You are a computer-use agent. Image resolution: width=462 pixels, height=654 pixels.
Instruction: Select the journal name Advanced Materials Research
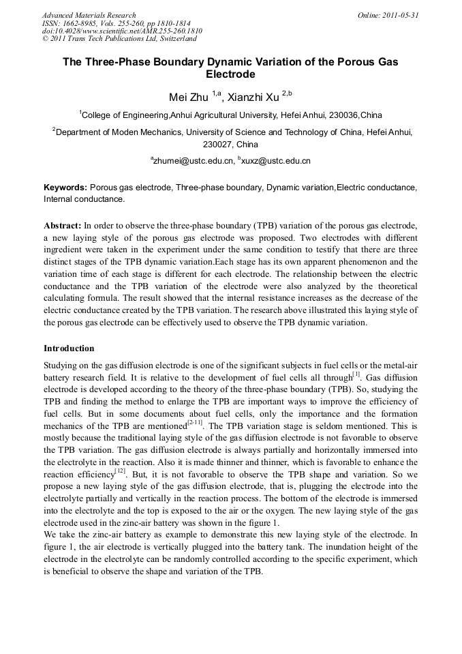click(x=89, y=14)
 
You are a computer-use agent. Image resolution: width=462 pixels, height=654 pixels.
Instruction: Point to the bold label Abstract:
click(x=62, y=224)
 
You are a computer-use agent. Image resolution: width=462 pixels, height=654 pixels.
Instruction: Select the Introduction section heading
click(x=69, y=348)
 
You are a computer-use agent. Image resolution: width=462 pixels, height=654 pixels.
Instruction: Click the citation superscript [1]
click(x=356, y=374)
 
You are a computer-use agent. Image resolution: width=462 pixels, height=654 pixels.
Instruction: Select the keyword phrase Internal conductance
click(x=84, y=199)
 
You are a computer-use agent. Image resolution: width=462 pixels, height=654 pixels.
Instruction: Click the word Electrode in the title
click(x=230, y=74)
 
